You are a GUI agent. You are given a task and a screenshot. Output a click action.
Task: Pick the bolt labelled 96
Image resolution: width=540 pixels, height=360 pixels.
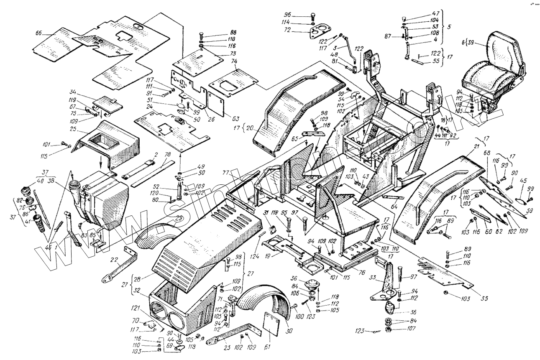click(x=313, y=18)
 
